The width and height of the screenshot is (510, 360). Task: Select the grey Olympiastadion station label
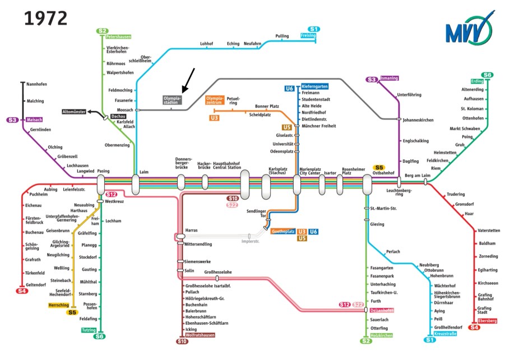coord(172,100)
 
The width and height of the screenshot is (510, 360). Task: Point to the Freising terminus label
coord(309,36)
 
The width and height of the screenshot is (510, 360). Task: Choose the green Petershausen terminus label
coord(118,37)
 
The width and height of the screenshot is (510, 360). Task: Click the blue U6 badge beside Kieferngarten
coord(289,89)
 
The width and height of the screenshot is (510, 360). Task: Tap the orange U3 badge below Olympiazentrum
coord(214,118)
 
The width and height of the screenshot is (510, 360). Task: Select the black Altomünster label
coord(74,112)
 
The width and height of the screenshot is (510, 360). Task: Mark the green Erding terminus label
coord(477,81)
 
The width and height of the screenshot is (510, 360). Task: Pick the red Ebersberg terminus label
coord(488,321)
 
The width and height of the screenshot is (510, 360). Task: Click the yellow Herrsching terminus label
coord(58,305)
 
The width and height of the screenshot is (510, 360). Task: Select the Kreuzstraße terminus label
coord(446,334)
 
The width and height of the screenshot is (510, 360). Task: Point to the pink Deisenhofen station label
coord(382,311)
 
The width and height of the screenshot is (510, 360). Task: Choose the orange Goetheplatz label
coord(283,232)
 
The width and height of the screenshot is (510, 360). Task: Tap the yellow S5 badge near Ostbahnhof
coord(379,167)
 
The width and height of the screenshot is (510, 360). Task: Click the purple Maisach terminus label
coord(34,120)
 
